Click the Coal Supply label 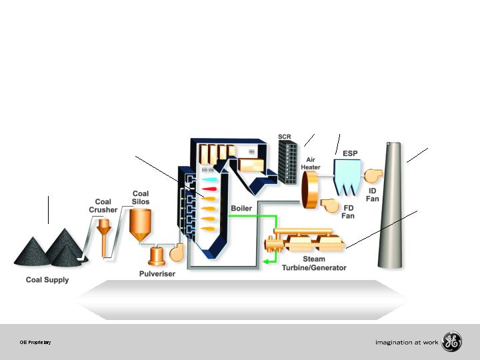pyautogui.click(x=47, y=280)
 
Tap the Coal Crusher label pyautogui.click(x=103, y=205)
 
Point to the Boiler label pyautogui.click(x=241, y=208)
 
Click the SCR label pyautogui.click(x=285, y=137)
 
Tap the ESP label pyautogui.click(x=350, y=153)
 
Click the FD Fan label pyautogui.click(x=348, y=211)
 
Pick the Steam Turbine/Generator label pyautogui.click(x=313, y=264)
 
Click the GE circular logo pyautogui.click(x=452, y=343)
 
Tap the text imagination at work pyautogui.click(x=407, y=343)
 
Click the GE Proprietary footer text pyautogui.click(x=36, y=343)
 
